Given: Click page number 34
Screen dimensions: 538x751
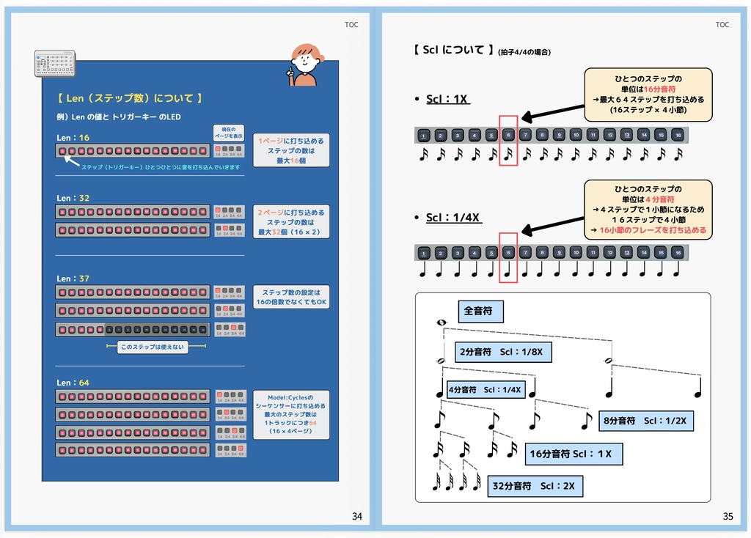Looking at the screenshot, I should click(357, 516).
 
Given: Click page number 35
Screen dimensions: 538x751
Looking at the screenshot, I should click(728, 516).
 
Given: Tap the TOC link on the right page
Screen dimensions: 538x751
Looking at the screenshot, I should click(722, 25).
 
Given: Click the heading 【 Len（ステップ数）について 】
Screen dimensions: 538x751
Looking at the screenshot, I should click(130, 98).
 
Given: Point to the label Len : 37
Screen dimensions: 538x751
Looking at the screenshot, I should click(73, 279).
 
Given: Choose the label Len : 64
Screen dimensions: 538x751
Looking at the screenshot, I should click(73, 383).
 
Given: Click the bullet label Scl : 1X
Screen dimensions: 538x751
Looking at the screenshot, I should click(447, 99).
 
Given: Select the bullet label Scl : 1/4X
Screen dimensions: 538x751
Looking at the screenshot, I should click(454, 218).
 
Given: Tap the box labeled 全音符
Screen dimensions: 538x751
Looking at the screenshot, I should click(480, 312).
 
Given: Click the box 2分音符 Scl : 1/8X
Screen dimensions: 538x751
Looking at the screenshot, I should click(503, 352).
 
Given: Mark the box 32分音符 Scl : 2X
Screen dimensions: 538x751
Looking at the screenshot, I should click(535, 486).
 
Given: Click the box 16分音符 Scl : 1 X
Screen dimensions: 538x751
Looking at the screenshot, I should click(574, 454).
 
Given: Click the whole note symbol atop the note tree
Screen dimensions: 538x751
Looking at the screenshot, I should click(441, 323).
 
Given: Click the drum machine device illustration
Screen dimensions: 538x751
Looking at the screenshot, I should click(55, 64).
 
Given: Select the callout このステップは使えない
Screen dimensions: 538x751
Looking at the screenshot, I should click(153, 347).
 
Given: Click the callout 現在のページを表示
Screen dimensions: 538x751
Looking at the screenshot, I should click(228, 133).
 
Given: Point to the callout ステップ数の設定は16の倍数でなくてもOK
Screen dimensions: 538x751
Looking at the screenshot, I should click(291, 297).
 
